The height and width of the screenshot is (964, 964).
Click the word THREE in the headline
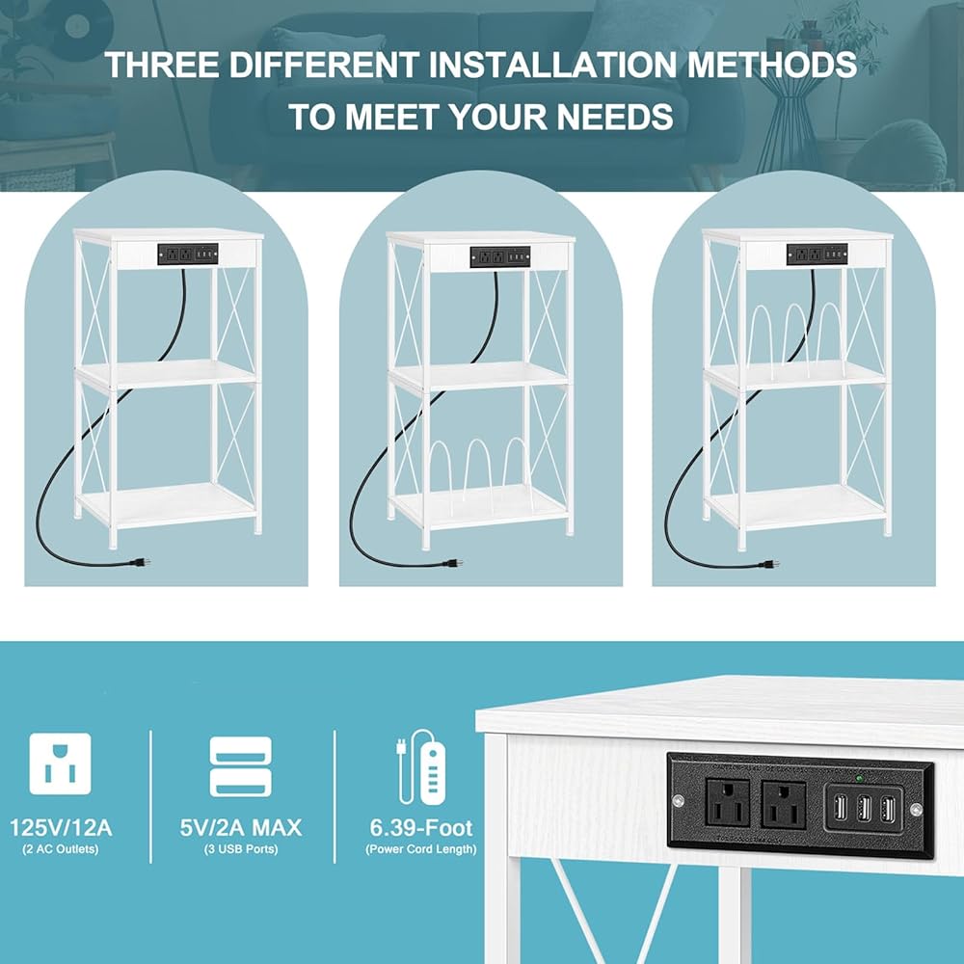162,65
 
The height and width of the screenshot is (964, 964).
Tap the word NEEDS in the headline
615,117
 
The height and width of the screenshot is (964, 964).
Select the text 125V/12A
61,827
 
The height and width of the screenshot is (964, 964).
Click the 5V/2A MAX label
240,827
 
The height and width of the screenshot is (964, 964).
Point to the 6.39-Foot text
421,827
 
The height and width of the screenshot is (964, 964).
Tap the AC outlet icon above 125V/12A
60,763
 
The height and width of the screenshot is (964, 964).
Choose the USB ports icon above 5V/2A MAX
240,766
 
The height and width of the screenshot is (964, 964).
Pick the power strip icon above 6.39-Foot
421,766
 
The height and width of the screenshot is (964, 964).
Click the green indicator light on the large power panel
859,778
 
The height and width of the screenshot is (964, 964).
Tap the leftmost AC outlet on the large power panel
727,801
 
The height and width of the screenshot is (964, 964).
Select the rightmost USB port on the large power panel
887,809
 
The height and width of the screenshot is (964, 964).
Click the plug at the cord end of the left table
140,561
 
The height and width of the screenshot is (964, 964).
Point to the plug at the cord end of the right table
768,563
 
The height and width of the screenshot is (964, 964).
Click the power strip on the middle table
500,256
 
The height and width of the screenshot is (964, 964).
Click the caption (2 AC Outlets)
60,849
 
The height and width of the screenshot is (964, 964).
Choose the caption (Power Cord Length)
421,849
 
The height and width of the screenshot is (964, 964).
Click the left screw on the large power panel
678,800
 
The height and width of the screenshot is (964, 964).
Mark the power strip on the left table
188,254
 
